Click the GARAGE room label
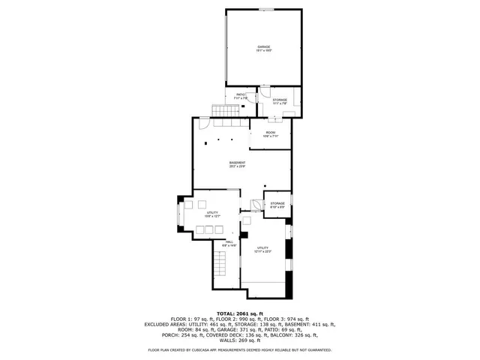[264, 49]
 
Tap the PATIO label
[241, 96]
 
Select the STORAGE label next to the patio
[280, 101]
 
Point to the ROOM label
[270, 134]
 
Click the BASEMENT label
[238, 164]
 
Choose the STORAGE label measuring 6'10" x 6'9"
[278, 205]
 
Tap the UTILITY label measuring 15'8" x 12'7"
[211, 214]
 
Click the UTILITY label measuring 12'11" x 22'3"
[263, 249]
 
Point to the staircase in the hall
[219, 265]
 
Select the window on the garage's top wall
[265, 9]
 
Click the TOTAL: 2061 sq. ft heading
[239, 313]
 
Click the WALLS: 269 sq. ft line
[240, 340]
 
